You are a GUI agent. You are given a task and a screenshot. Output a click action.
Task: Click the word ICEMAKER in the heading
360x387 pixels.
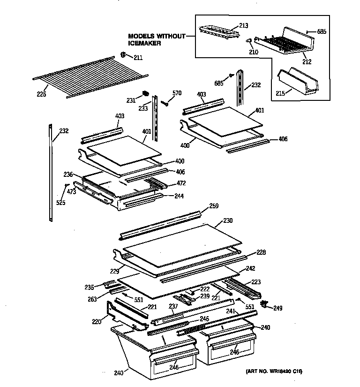[145, 43]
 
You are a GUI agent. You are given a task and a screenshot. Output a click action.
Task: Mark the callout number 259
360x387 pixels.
[213, 206]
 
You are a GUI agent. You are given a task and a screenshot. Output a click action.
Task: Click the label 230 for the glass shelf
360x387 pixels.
[228, 220]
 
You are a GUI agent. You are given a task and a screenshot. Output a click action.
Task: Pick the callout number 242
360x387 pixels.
[251, 269]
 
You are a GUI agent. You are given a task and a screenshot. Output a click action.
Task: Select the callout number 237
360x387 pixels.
[173, 307]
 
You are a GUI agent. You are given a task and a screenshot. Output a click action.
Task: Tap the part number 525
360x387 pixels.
[61, 203]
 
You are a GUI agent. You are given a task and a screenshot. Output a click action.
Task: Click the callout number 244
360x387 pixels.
[166, 196]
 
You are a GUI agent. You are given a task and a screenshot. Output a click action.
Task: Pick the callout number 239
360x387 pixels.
[205, 296]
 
